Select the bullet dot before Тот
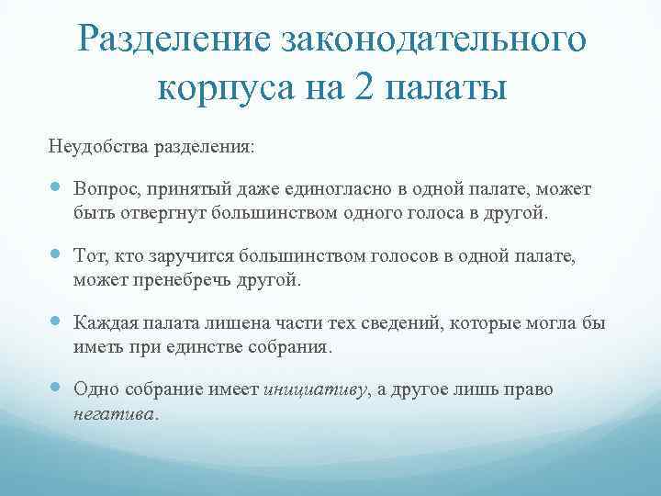55,255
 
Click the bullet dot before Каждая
55,322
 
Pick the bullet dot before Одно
55,389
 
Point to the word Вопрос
106,189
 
